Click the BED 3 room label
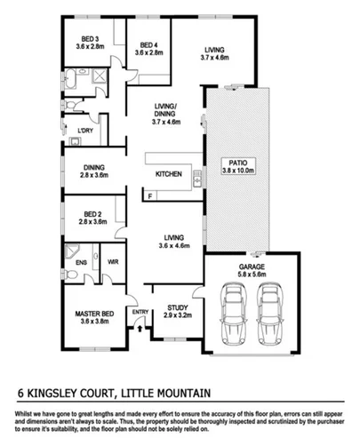click(89, 39)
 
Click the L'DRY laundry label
click(85, 131)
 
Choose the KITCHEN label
click(170, 173)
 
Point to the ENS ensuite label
click(79, 262)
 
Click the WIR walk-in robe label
click(113, 262)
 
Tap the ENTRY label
click(140, 312)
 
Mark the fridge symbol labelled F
click(151, 195)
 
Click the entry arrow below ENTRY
click(140, 327)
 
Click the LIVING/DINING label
click(165, 108)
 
